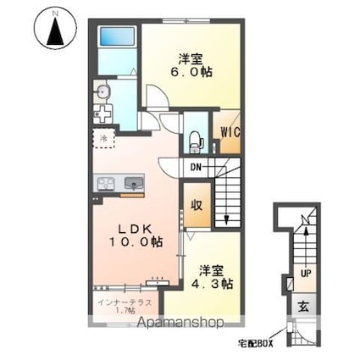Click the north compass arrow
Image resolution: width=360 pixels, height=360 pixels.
[55, 30]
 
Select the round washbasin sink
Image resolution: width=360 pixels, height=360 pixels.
[102, 91]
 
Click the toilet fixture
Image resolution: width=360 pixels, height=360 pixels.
[196, 143]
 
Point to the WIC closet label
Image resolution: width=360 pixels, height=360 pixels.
[230, 132]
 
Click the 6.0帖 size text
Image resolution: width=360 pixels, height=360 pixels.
[191, 72]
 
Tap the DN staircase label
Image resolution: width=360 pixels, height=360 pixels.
[196, 167]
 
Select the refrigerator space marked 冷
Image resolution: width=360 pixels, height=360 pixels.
[103, 138]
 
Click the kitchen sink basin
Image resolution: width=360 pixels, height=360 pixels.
[134, 183]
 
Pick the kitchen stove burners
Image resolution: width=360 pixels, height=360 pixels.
[106, 184]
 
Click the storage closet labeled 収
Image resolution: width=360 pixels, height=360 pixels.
[197, 205]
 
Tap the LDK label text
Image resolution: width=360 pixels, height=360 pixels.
[136, 229]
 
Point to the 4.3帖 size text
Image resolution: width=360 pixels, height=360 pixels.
[212, 284]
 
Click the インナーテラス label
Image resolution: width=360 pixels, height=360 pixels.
[125, 302]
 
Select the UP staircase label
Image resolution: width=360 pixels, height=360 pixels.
[306, 274]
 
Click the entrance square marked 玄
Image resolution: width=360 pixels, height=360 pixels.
[304, 306]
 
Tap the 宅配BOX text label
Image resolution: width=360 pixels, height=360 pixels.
[256, 344]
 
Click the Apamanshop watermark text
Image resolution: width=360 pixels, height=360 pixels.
[180, 322]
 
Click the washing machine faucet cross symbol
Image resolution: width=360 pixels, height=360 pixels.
[102, 114]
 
